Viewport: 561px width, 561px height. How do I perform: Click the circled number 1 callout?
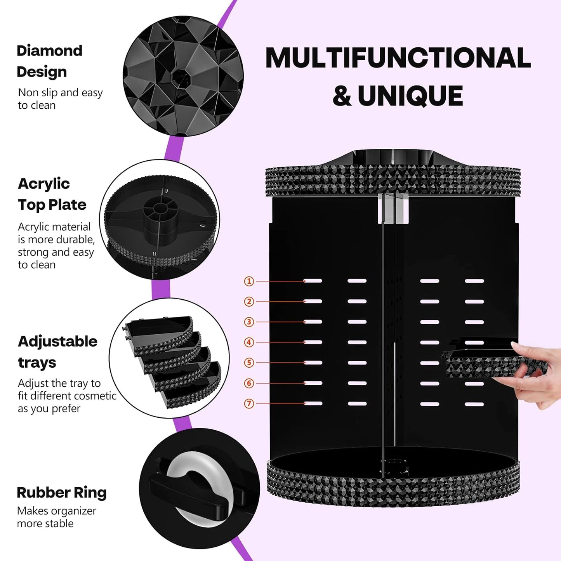[x=249, y=281]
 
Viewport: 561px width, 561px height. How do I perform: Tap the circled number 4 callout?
[x=249, y=342]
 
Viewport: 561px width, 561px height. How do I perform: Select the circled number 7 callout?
[x=249, y=404]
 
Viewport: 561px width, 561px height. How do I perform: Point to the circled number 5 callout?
[x=249, y=363]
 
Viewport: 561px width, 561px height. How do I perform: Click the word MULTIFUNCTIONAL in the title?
[x=398, y=58]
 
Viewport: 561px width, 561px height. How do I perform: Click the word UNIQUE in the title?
[x=410, y=96]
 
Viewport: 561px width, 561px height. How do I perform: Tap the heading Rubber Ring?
[x=61, y=492]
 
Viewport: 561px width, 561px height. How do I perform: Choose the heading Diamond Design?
[x=49, y=61]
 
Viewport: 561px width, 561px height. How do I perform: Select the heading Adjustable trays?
[x=57, y=352]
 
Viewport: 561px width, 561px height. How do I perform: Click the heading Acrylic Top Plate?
[x=52, y=194]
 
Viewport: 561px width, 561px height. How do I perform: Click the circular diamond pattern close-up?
[x=183, y=76]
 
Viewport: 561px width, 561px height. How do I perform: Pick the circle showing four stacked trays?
[x=169, y=358]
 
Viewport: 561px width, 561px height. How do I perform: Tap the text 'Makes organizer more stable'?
[x=56, y=517]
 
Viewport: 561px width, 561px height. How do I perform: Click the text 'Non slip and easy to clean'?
[x=60, y=99]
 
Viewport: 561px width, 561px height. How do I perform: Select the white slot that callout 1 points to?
[x=313, y=281]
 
